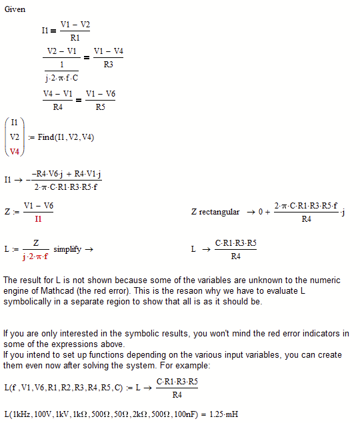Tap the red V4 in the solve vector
point(15,151)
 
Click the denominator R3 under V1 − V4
point(108,65)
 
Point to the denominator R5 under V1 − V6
point(100,107)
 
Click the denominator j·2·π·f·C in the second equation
point(61,78)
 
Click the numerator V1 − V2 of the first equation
point(75,24)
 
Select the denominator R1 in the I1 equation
point(75,38)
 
